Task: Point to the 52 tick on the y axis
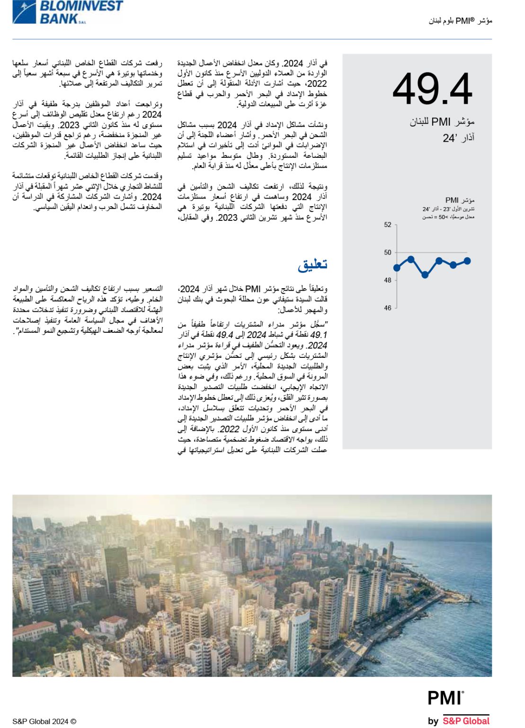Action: pos(388,225)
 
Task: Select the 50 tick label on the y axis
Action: pos(388,253)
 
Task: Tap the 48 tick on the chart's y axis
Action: pos(388,280)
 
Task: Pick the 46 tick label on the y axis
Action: pos(388,308)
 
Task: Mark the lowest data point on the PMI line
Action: pos(425,275)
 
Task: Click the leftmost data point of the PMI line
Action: pos(397,268)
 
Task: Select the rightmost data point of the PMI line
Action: pos(467,261)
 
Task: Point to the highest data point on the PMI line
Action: pos(411,259)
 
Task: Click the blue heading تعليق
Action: pos(312,264)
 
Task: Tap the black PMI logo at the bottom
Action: pos(445,698)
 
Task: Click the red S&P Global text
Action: pos(466,721)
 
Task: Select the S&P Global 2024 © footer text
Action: pos(44,721)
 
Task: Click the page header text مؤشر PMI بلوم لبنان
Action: pos(460,21)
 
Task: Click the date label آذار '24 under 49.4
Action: pos(458,138)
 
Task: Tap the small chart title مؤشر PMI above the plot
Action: pos(460,200)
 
